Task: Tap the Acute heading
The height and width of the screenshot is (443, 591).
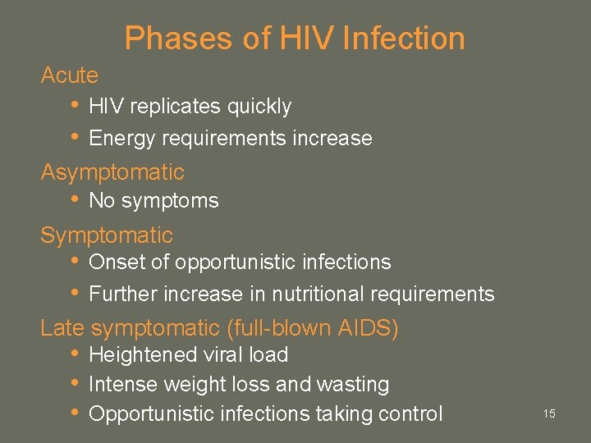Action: [x=69, y=75]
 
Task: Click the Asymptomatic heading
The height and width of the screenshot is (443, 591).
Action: [x=112, y=172]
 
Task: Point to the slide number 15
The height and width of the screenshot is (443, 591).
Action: [x=549, y=413]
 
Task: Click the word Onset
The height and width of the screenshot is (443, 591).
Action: [x=112, y=263]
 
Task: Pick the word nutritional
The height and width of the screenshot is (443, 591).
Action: [x=318, y=294]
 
